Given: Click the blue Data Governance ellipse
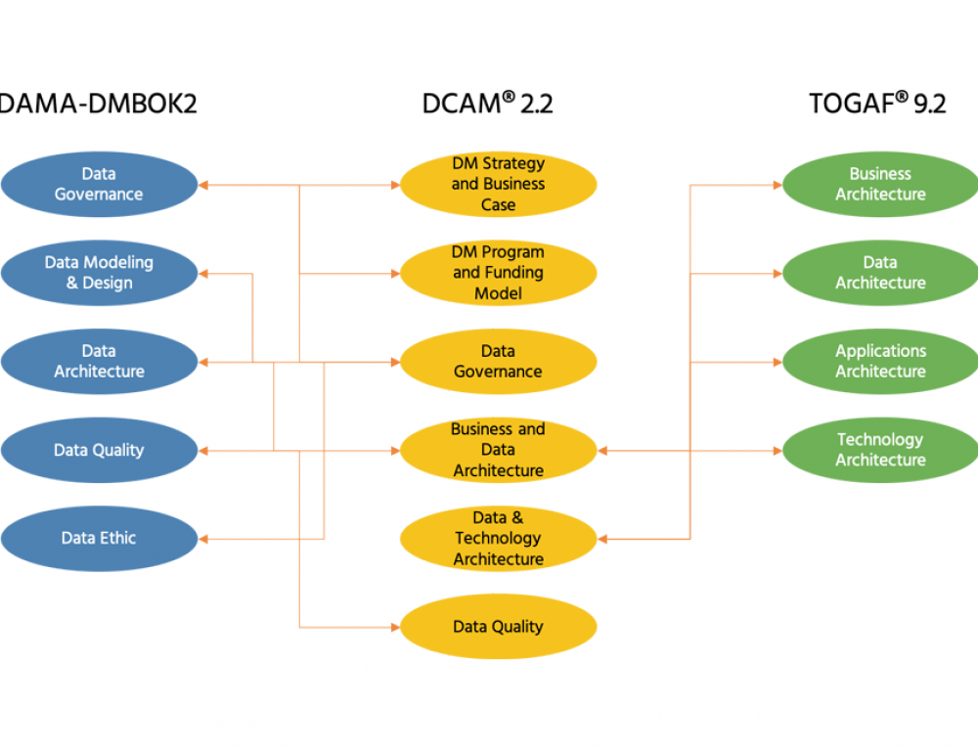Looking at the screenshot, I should (x=98, y=184).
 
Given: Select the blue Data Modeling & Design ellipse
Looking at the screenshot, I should (x=98, y=273).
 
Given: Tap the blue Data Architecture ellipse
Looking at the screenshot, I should (x=98, y=361).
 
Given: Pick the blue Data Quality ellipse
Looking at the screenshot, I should (x=98, y=450).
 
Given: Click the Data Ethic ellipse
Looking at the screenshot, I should (x=98, y=538).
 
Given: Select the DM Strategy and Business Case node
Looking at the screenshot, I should (x=498, y=184).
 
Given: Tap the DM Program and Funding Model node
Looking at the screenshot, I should (x=498, y=273).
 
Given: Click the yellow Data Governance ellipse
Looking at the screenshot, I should (x=498, y=361).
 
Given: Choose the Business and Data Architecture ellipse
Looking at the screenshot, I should (x=498, y=450).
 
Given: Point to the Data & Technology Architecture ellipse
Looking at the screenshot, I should (x=498, y=538).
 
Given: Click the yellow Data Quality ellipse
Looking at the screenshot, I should (x=498, y=627).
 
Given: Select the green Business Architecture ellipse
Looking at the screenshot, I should (x=880, y=184).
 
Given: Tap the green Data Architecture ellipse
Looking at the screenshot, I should (x=880, y=273).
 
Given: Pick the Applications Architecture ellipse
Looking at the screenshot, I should (x=880, y=361).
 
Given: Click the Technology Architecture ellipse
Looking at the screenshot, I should (x=880, y=450).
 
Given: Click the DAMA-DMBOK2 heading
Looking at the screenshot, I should (x=97, y=104).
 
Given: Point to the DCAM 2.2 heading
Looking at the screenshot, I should (x=487, y=104).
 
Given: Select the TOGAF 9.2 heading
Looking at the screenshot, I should (x=877, y=104).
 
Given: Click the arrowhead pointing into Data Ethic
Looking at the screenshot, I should (x=203, y=538).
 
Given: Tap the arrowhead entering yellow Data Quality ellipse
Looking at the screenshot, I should (x=394, y=627).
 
